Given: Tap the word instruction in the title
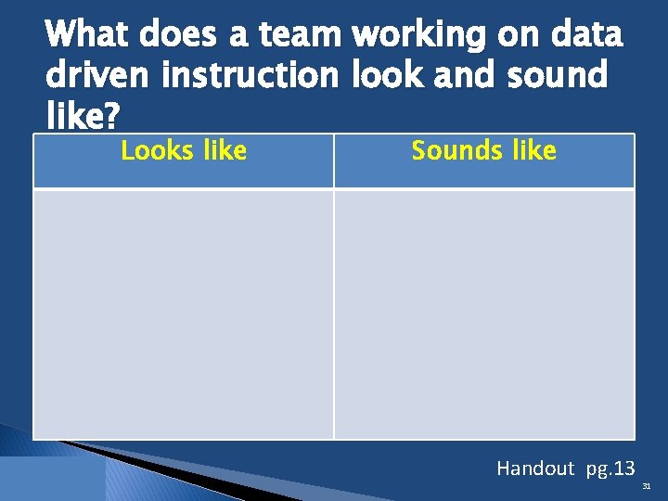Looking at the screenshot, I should coord(255,74).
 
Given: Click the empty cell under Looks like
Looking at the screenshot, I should coord(183,314).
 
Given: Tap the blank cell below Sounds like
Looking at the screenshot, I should coord(483,314).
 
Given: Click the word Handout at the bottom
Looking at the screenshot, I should coord(535,469).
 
